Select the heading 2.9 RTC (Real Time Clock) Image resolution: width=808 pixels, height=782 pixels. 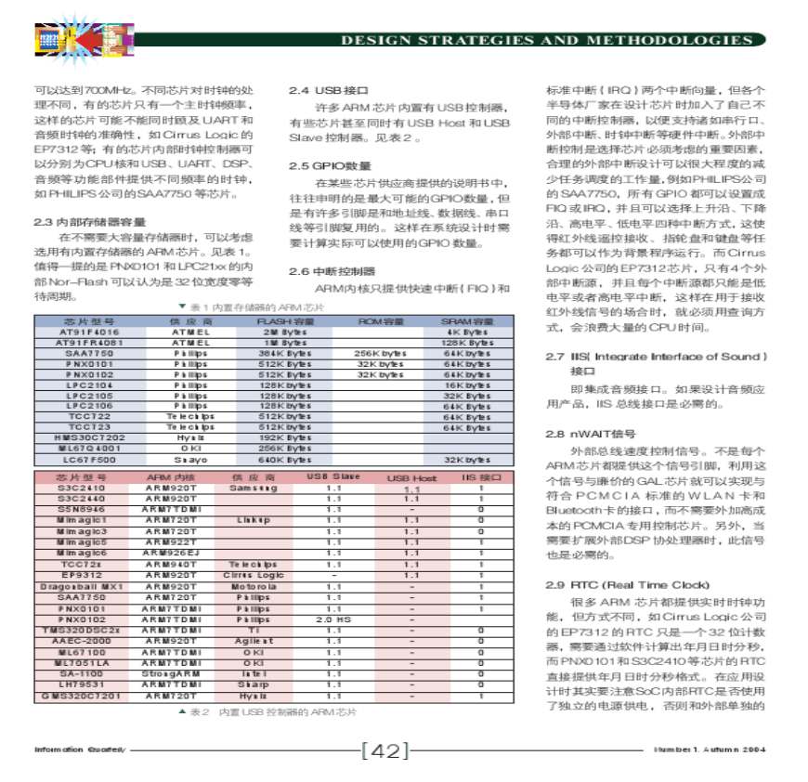(x=627, y=585)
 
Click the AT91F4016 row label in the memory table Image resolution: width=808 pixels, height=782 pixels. (x=90, y=332)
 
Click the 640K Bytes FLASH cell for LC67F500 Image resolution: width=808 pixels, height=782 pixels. (x=285, y=460)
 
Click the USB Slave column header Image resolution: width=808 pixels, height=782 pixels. (x=333, y=476)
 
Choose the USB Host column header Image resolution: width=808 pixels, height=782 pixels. (x=411, y=477)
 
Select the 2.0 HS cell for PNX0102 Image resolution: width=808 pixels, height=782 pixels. (x=333, y=619)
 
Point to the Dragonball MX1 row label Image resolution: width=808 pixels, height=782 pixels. (x=82, y=587)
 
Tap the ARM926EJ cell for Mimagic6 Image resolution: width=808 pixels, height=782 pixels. (x=171, y=553)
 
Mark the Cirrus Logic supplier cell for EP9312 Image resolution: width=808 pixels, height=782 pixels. (x=253, y=576)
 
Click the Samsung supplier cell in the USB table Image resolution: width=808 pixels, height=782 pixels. (x=253, y=488)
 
